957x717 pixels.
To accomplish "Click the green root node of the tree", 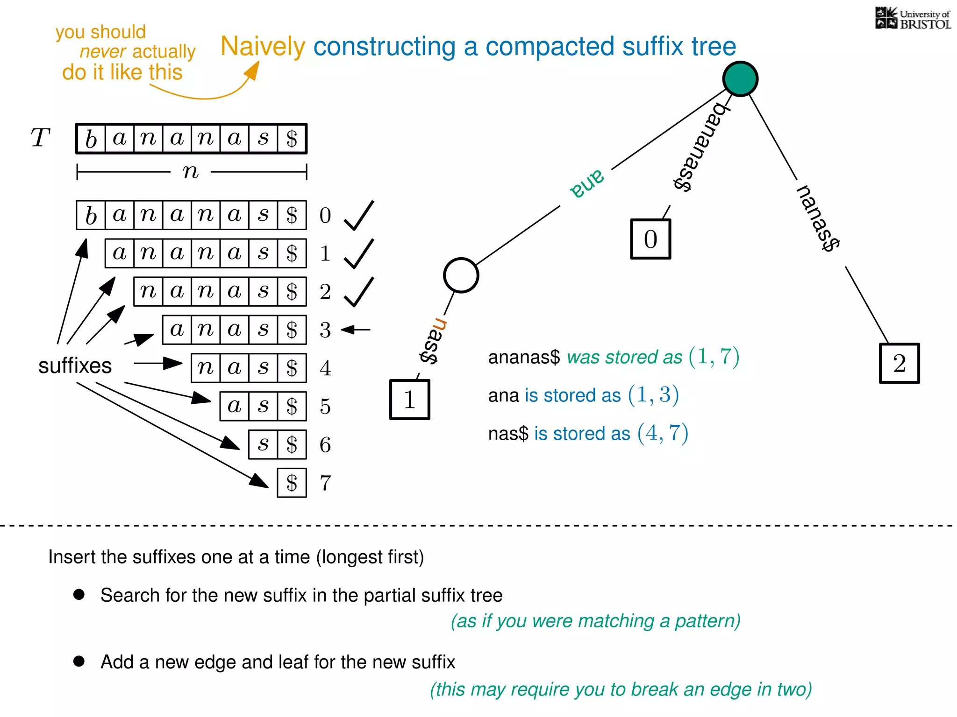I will [740, 79].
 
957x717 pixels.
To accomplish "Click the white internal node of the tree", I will [461, 275].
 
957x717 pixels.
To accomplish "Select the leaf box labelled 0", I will [650, 239].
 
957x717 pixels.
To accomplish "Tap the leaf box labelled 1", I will [409, 400].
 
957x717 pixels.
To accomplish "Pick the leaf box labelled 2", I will [899, 363].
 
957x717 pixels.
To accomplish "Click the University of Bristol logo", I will [913, 19].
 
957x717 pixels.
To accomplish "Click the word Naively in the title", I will [263, 47].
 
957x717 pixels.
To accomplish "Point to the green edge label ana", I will [587, 183].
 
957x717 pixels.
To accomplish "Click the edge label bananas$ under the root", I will [700, 147].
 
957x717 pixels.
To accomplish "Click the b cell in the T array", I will [91, 139].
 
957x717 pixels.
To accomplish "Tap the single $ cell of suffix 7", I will [292, 483].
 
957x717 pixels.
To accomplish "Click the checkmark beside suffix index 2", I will [359, 292].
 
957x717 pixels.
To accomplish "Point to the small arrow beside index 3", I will [356, 330].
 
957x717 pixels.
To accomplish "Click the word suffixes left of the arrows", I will [75, 366].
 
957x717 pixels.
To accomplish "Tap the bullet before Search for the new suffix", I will [79, 594].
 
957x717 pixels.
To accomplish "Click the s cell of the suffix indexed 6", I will [263, 444].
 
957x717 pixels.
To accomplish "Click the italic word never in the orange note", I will [103, 51].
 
